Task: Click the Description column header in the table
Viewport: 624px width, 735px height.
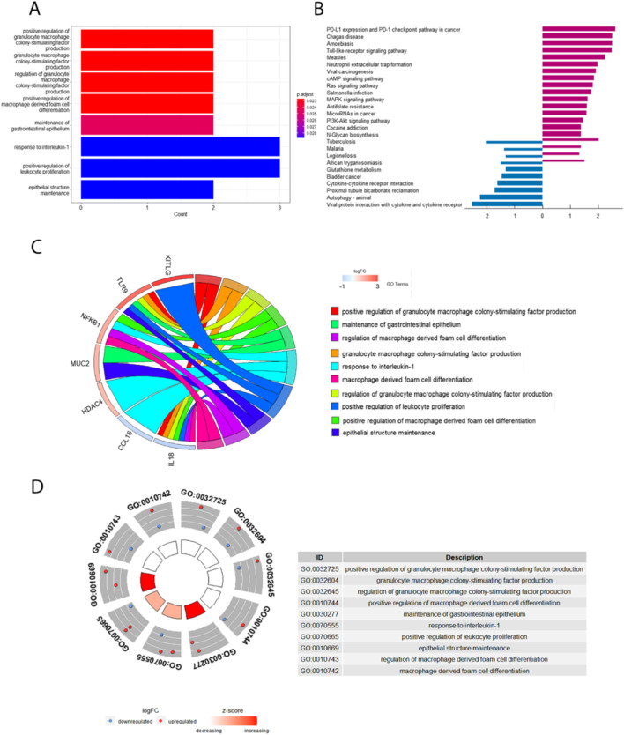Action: [464, 557]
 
